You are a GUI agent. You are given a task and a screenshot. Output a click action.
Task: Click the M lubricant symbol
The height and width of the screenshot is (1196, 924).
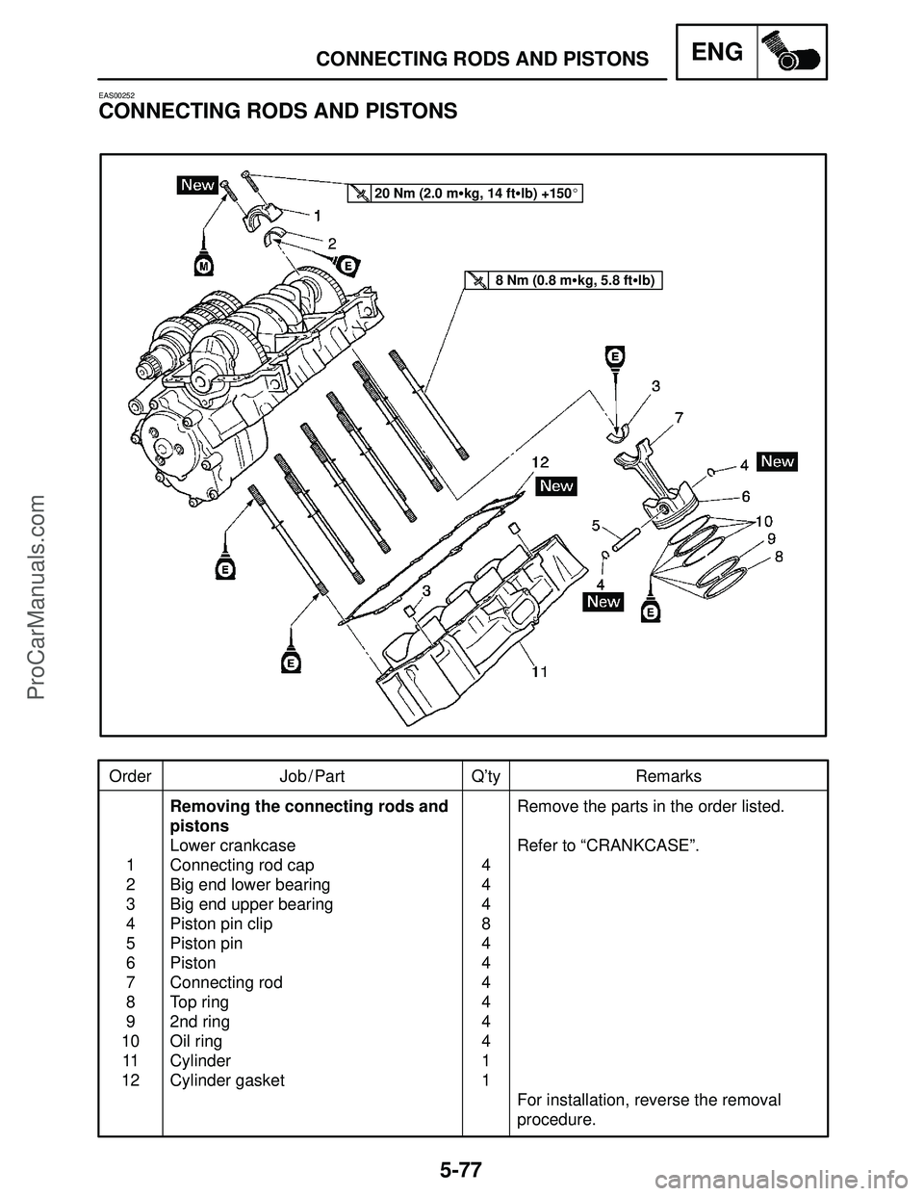[x=203, y=263]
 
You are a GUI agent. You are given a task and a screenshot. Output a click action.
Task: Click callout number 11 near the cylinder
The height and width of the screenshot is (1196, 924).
[x=540, y=673]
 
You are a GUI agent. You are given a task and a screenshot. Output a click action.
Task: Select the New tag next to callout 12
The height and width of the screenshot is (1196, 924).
[x=556, y=485]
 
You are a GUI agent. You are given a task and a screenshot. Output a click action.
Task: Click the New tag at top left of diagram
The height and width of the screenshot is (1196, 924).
[x=197, y=186]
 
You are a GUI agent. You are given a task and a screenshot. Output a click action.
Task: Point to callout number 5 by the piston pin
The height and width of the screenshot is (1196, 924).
[x=597, y=526]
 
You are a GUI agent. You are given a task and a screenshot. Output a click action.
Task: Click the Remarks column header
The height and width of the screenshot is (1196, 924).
[x=668, y=776]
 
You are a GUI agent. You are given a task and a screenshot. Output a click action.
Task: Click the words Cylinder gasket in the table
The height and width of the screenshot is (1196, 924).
[x=227, y=1080]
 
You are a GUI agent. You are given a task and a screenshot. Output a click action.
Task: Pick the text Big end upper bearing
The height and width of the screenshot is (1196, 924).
[x=251, y=904]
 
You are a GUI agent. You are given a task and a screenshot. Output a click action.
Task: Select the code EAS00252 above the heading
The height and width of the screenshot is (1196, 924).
[x=116, y=95]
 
